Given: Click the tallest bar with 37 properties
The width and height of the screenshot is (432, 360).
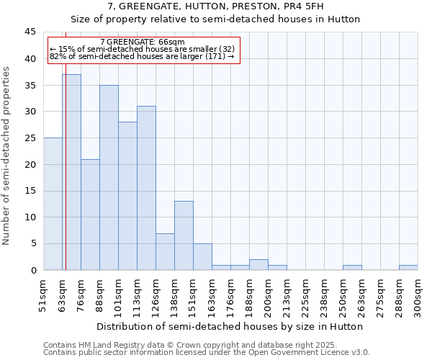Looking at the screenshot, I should [x=71, y=172].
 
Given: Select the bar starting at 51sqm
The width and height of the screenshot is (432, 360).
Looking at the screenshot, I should [x=53, y=204].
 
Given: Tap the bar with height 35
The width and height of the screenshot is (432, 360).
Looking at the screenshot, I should [x=109, y=177].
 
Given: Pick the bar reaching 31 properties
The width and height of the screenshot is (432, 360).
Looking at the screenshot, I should [x=146, y=188].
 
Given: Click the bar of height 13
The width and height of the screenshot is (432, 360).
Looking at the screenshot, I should [x=184, y=235].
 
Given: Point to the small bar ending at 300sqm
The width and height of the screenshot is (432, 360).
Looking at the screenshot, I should [x=408, y=267].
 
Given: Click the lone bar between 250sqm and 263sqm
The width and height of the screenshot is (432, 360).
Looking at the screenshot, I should [x=352, y=267].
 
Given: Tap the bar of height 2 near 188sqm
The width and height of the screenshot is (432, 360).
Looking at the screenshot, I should [x=258, y=264].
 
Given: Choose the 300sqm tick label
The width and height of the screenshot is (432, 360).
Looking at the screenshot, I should [x=418, y=295].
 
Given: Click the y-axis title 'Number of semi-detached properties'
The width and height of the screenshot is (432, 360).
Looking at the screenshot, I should [x=7, y=155].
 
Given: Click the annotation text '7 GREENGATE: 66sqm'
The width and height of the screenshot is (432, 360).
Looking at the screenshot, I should [x=143, y=42].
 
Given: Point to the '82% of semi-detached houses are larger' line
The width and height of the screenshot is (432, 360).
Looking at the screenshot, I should [x=143, y=56].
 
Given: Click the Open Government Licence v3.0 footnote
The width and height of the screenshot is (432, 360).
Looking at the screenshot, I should [x=207, y=353].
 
